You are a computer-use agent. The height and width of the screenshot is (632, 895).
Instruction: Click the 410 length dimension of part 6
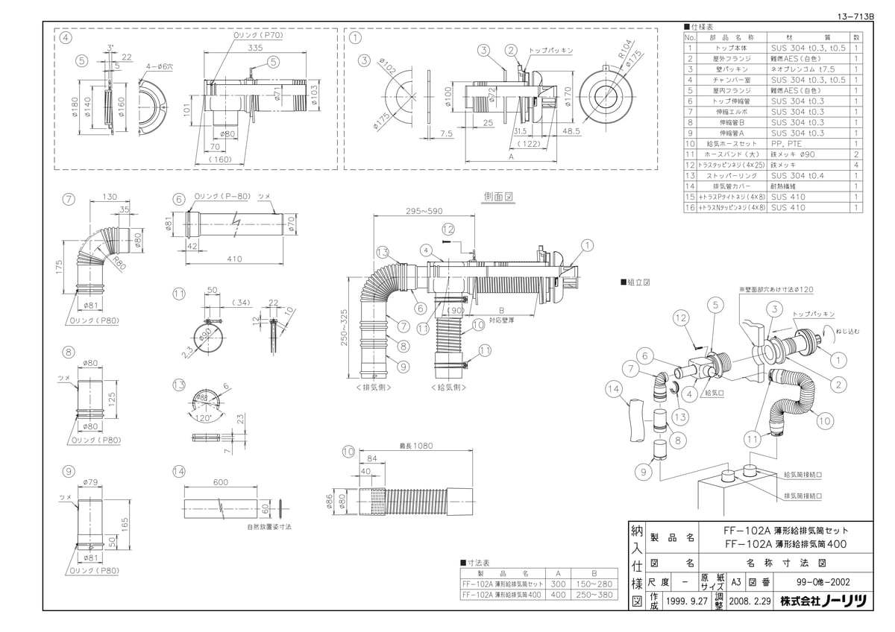[235, 260]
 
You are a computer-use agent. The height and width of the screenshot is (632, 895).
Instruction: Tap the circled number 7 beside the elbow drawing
[68, 199]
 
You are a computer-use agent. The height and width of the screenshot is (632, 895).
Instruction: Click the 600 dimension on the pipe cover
[221, 483]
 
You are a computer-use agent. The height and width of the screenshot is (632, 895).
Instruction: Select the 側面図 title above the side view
[497, 197]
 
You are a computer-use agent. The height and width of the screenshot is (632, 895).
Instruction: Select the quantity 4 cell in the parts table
[856, 165]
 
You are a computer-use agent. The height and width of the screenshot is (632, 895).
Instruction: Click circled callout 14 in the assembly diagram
[613, 388]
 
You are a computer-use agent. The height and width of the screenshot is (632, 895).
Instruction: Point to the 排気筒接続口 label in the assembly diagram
[803, 494]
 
